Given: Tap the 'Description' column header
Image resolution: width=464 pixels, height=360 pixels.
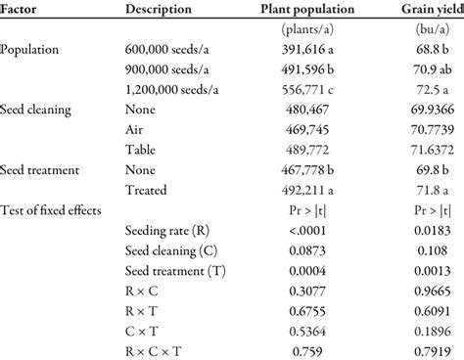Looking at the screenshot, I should click(165, 9).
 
